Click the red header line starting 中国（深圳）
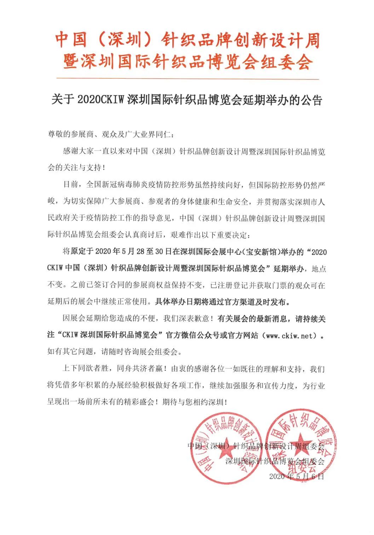pyautogui.click(x=187, y=40)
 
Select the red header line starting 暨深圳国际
pyautogui.click(x=187, y=62)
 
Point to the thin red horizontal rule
pyautogui.click(x=187, y=79)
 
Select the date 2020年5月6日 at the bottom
pyautogui.click(x=297, y=477)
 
